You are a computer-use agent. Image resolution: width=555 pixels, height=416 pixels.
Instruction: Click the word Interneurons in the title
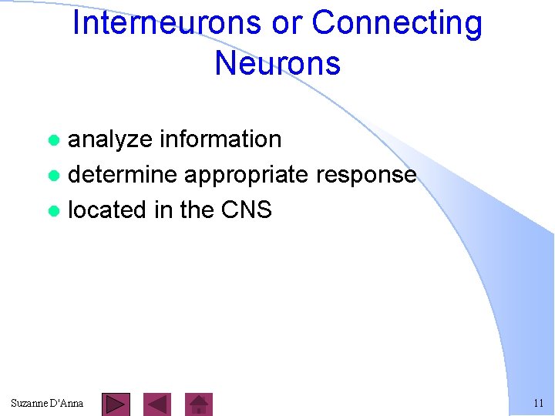point(166,23)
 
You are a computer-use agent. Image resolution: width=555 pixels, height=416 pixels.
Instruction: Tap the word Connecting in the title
point(397,23)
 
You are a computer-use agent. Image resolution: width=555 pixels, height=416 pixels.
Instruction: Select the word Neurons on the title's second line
point(277,62)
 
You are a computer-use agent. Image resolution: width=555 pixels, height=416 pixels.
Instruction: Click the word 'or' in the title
point(287,23)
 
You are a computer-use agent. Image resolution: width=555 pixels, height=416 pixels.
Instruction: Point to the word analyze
point(110,139)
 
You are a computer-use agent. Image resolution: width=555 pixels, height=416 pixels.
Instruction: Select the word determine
point(123,175)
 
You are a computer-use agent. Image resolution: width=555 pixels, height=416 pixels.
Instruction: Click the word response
point(366,175)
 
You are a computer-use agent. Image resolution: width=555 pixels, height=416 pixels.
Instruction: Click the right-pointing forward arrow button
point(116,404)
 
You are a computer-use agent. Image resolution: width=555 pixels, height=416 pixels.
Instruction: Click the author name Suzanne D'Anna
point(47,403)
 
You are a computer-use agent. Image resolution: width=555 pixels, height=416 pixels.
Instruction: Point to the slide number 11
point(538,403)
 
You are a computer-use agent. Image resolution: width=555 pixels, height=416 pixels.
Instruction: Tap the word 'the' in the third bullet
point(196,210)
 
